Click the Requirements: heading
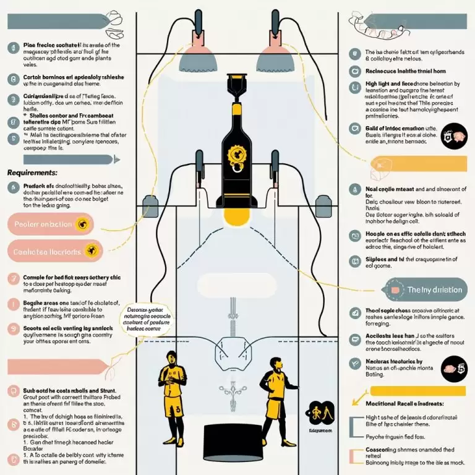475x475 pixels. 32,173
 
